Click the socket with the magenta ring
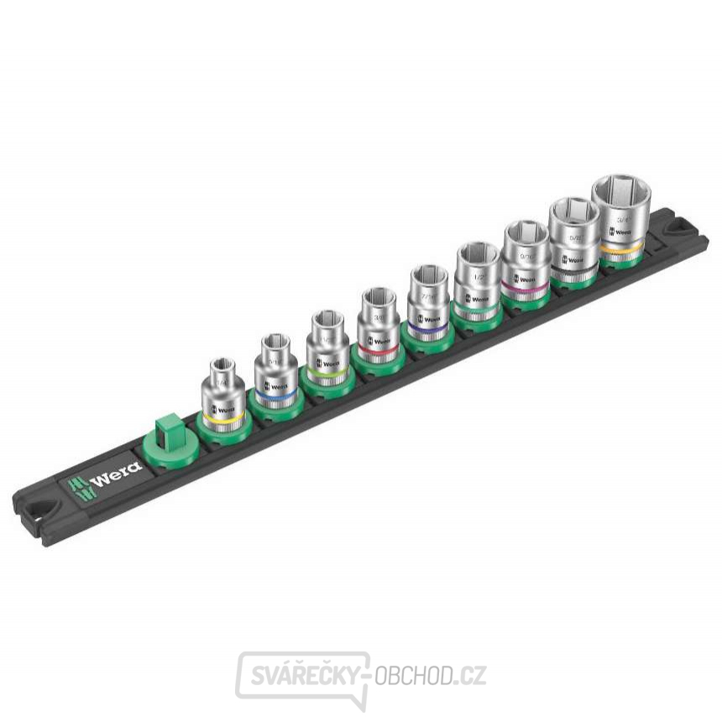(525, 257)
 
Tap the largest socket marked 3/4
(620, 214)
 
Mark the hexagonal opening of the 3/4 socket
(620, 191)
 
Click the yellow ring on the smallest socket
(224, 416)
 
